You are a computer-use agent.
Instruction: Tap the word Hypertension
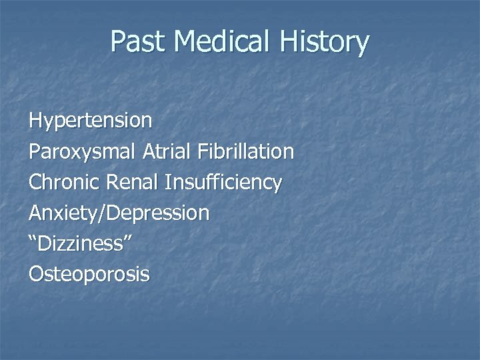coord(90,121)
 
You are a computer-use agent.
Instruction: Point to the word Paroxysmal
coord(83,152)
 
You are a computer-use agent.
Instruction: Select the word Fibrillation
coord(245,152)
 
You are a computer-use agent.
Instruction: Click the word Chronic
coord(63,182)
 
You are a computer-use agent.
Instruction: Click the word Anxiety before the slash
coord(62,213)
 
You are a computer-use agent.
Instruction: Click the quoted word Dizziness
coord(81,243)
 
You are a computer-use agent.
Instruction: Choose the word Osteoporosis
coord(89,274)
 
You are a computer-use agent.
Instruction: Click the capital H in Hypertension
coord(35,121)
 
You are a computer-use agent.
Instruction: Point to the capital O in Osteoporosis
coord(36,274)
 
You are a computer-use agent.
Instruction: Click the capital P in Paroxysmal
coord(34,152)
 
